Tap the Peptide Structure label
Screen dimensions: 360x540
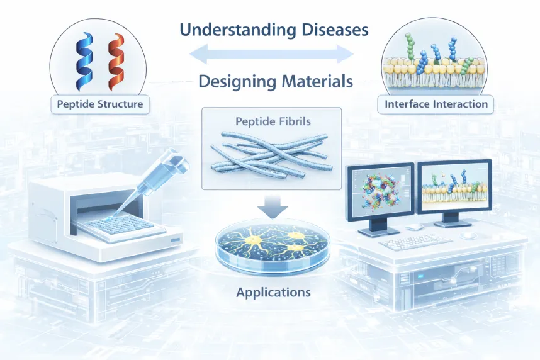pos(100,103)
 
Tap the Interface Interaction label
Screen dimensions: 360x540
pos(435,103)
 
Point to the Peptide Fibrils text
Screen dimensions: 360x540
pos(271,120)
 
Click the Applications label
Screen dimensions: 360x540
pos(273,292)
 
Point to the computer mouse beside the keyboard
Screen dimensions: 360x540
pos(466,236)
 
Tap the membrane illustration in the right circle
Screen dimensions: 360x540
pos(435,66)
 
